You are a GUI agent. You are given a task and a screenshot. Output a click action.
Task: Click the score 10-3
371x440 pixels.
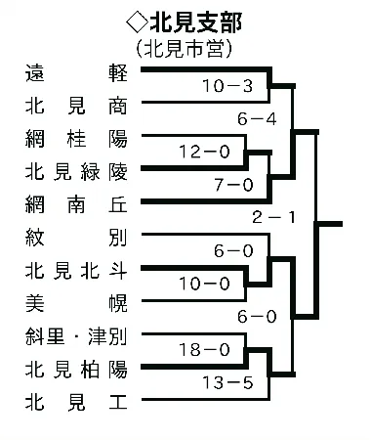click(x=227, y=87)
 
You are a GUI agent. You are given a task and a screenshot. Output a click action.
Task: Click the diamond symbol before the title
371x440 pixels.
click(x=133, y=21)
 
